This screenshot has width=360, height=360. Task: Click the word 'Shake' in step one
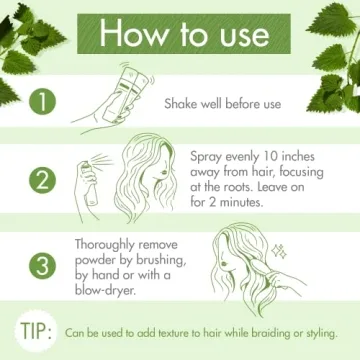point(186,103)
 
